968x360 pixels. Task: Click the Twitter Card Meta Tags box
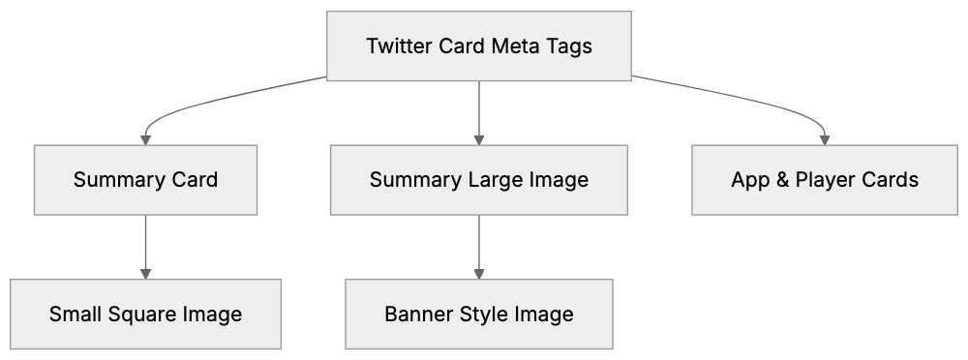[x=479, y=45]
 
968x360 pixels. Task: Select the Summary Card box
[x=145, y=180]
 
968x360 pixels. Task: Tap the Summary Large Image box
[x=479, y=180]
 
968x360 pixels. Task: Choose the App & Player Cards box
[x=825, y=180]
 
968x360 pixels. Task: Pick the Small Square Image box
[x=145, y=315]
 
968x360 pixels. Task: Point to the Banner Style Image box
[x=479, y=315]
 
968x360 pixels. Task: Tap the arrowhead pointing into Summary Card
[x=145, y=139]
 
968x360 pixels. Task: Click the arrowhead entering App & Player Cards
[x=825, y=139]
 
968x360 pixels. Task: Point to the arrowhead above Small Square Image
[x=145, y=274]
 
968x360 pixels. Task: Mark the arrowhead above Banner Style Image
[x=479, y=274]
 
